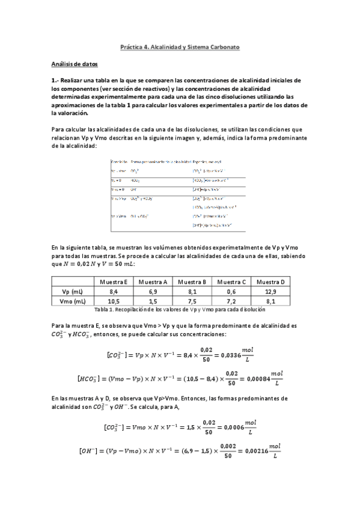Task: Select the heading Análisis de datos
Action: (x=74, y=63)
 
